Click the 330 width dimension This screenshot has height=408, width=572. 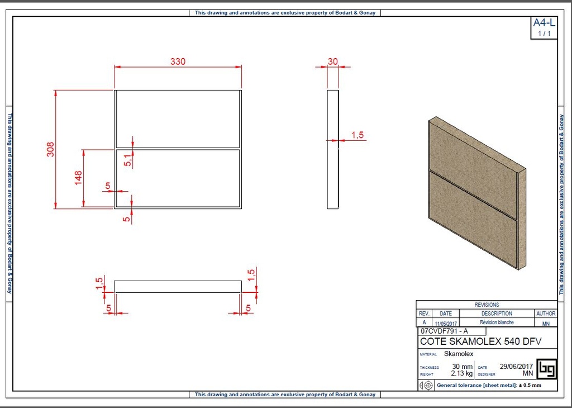(178, 61)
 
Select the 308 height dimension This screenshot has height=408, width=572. (50, 149)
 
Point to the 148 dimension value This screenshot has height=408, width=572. (79, 178)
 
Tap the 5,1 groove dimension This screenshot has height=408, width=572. (127, 160)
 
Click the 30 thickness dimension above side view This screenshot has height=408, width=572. (333, 61)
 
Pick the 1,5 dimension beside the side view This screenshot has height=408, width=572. (357, 135)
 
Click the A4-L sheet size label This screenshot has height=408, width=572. (544, 23)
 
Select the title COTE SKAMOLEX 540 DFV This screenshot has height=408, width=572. (480, 341)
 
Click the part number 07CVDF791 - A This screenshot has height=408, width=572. (445, 331)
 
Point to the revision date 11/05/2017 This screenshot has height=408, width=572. (446, 323)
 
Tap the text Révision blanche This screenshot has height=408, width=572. (497, 322)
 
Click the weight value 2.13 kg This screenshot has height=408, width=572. (461, 373)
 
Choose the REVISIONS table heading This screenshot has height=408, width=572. (487, 305)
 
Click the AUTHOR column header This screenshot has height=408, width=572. (545, 314)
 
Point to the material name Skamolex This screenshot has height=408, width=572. (459, 354)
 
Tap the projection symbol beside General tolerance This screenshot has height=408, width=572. (426, 385)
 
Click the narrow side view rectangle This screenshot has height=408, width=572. (332, 149)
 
